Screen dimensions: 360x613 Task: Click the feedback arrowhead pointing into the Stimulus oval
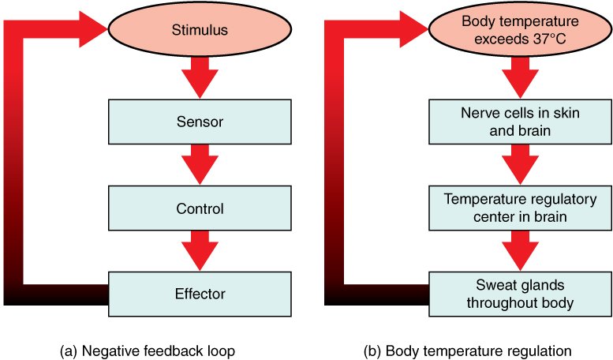point(91,31)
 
